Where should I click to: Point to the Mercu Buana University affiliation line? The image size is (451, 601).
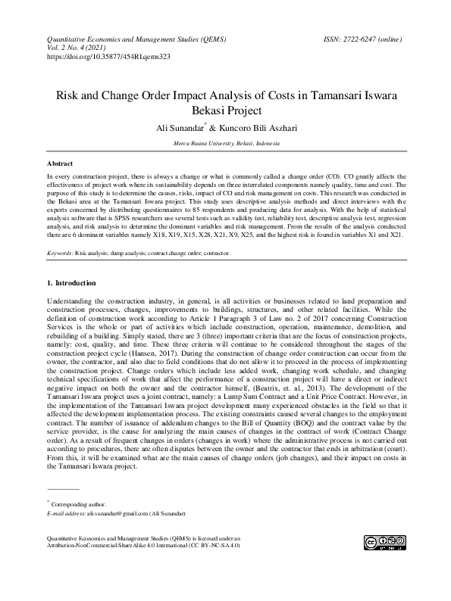click(226, 143)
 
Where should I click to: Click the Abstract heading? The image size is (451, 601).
click(60, 163)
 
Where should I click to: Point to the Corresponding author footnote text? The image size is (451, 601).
click(79, 504)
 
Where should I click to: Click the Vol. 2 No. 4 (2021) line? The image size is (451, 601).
click(79, 46)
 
